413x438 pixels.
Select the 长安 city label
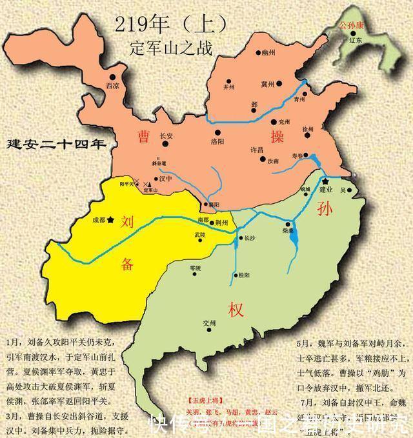[x=166, y=136]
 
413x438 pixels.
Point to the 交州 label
[x=209, y=323]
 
